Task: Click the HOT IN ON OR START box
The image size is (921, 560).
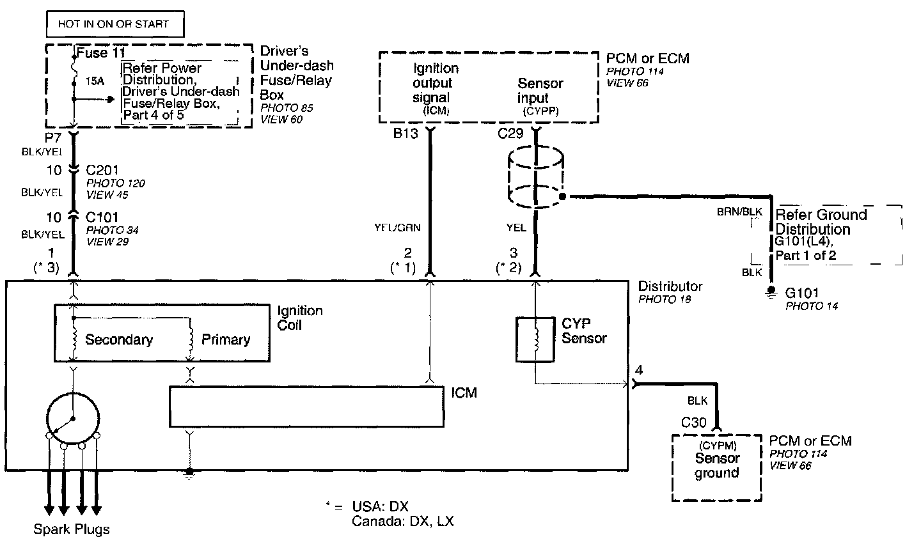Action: click(x=115, y=25)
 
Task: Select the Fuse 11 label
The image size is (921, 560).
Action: click(x=100, y=53)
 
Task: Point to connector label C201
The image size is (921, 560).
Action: click(x=102, y=170)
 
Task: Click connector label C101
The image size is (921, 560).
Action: click(x=102, y=217)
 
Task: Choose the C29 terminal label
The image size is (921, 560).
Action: click(x=510, y=134)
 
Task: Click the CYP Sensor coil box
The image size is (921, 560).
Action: click(x=535, y=339)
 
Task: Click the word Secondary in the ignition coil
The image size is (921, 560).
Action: click(x=119, y=339)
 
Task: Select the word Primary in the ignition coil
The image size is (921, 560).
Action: click(x=226, y=339)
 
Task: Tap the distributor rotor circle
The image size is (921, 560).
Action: click(x=73, y=419)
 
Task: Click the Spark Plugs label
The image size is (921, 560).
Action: click(x=72, y=529)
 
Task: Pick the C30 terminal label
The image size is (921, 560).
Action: click(x=693, y=422)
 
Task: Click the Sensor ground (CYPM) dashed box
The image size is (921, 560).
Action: click(x=717, y=467)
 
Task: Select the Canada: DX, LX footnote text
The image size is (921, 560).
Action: click(x=403, y=521)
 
